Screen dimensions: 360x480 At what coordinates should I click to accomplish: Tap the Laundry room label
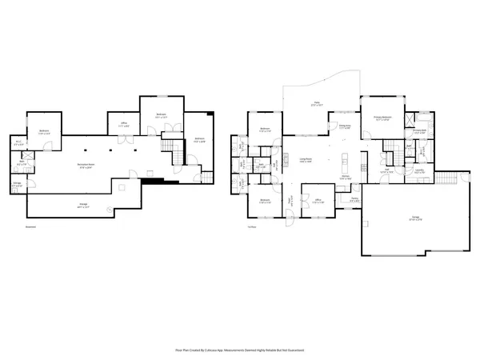[419, 170]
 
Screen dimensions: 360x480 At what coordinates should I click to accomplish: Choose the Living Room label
[306, 160]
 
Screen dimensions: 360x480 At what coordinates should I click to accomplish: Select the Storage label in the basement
[17, 186]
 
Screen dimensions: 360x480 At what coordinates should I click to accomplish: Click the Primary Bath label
[419, 130]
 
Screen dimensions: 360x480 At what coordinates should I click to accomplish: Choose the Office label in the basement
[124, 126]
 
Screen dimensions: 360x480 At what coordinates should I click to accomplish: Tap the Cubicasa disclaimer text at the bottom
[240, 350]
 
